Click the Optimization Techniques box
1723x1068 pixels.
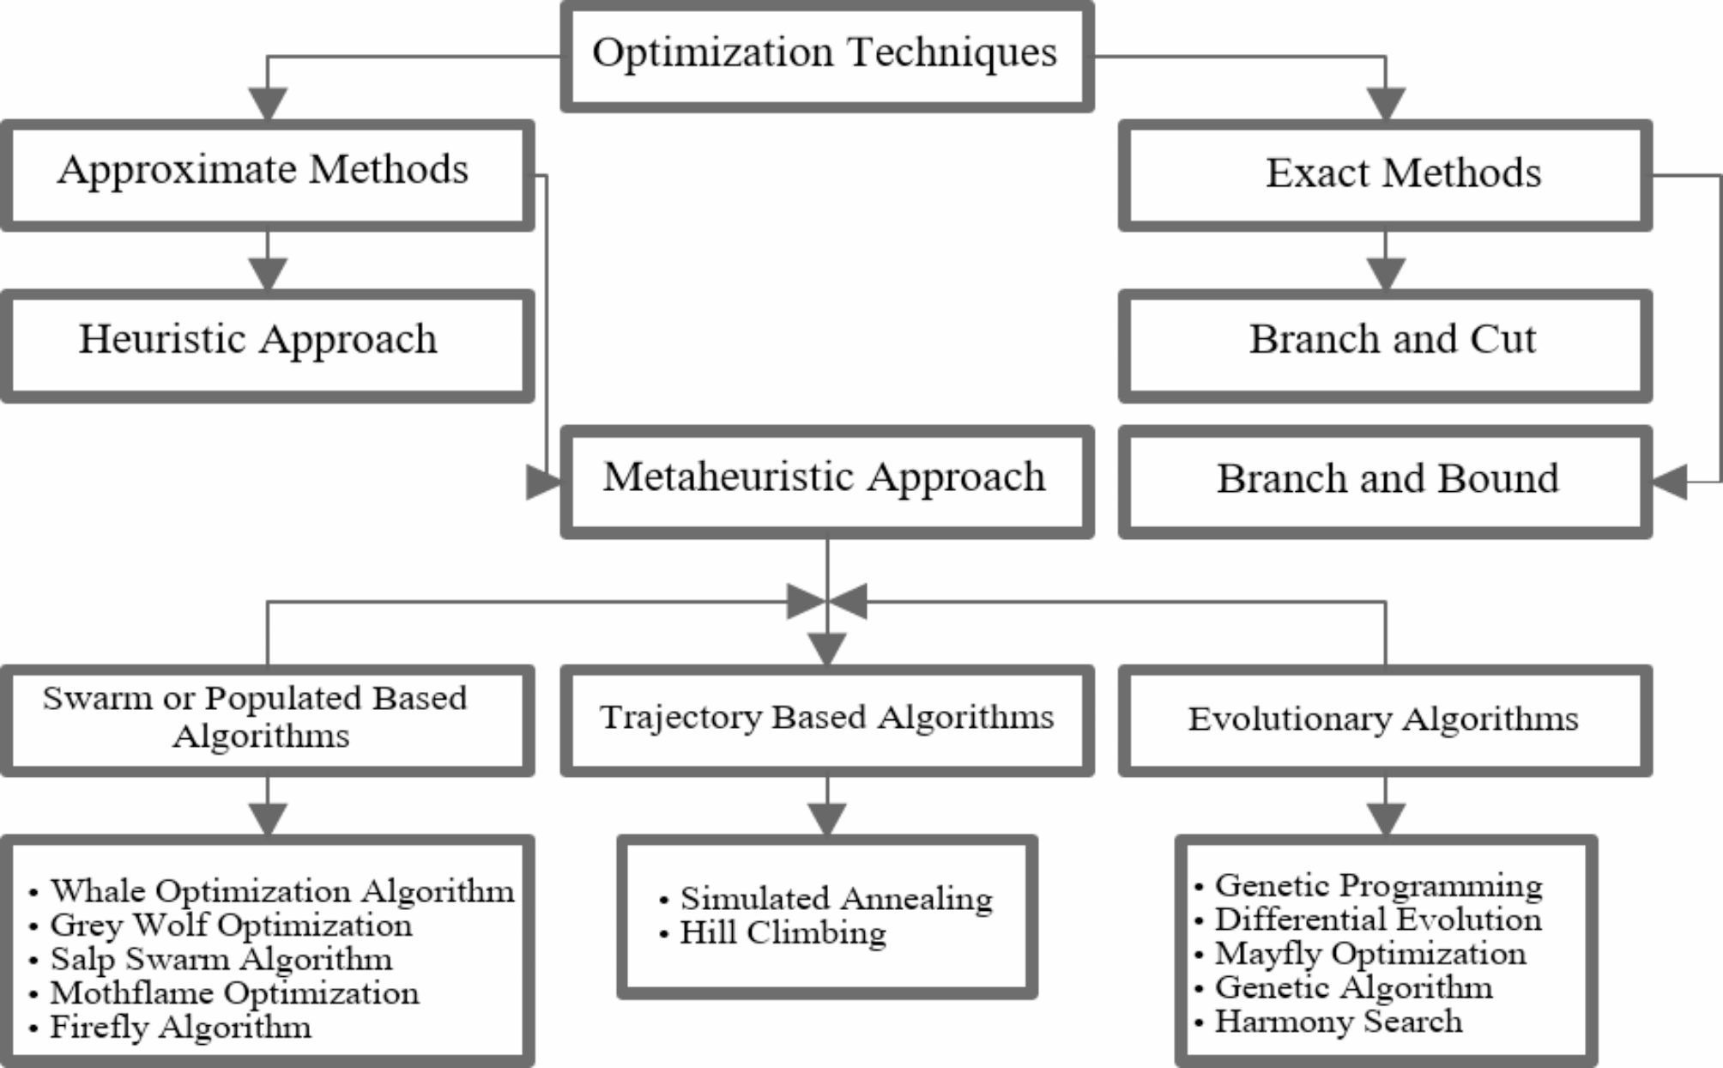pyautogui.click(x=826, y=56)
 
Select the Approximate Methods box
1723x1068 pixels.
pyautogui.click(x=267, y=174)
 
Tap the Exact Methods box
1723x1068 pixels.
pyautogui.click(x=1385, y=174)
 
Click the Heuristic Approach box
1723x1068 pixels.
pyautogui.click(x=267, y=344)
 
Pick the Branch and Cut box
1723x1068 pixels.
pyautogui.click(x=1385, y=344)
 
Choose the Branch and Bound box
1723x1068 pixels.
pyautogui.click(x=1385, y=481)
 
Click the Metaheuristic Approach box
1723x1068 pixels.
pyautogui.click(x=826, y=481)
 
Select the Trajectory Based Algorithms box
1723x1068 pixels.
pyautogui.click(x=826, y=719)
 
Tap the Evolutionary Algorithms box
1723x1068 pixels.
pyautogui.click(x=1385, y=719)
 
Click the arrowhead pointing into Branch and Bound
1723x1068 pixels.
pyautogui.click(x=1669, y=482)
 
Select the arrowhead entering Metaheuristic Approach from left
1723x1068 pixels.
pyautogui.click(x=542, y=482)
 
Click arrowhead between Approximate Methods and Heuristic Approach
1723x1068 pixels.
pyautogui.click(x=267, y=273)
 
